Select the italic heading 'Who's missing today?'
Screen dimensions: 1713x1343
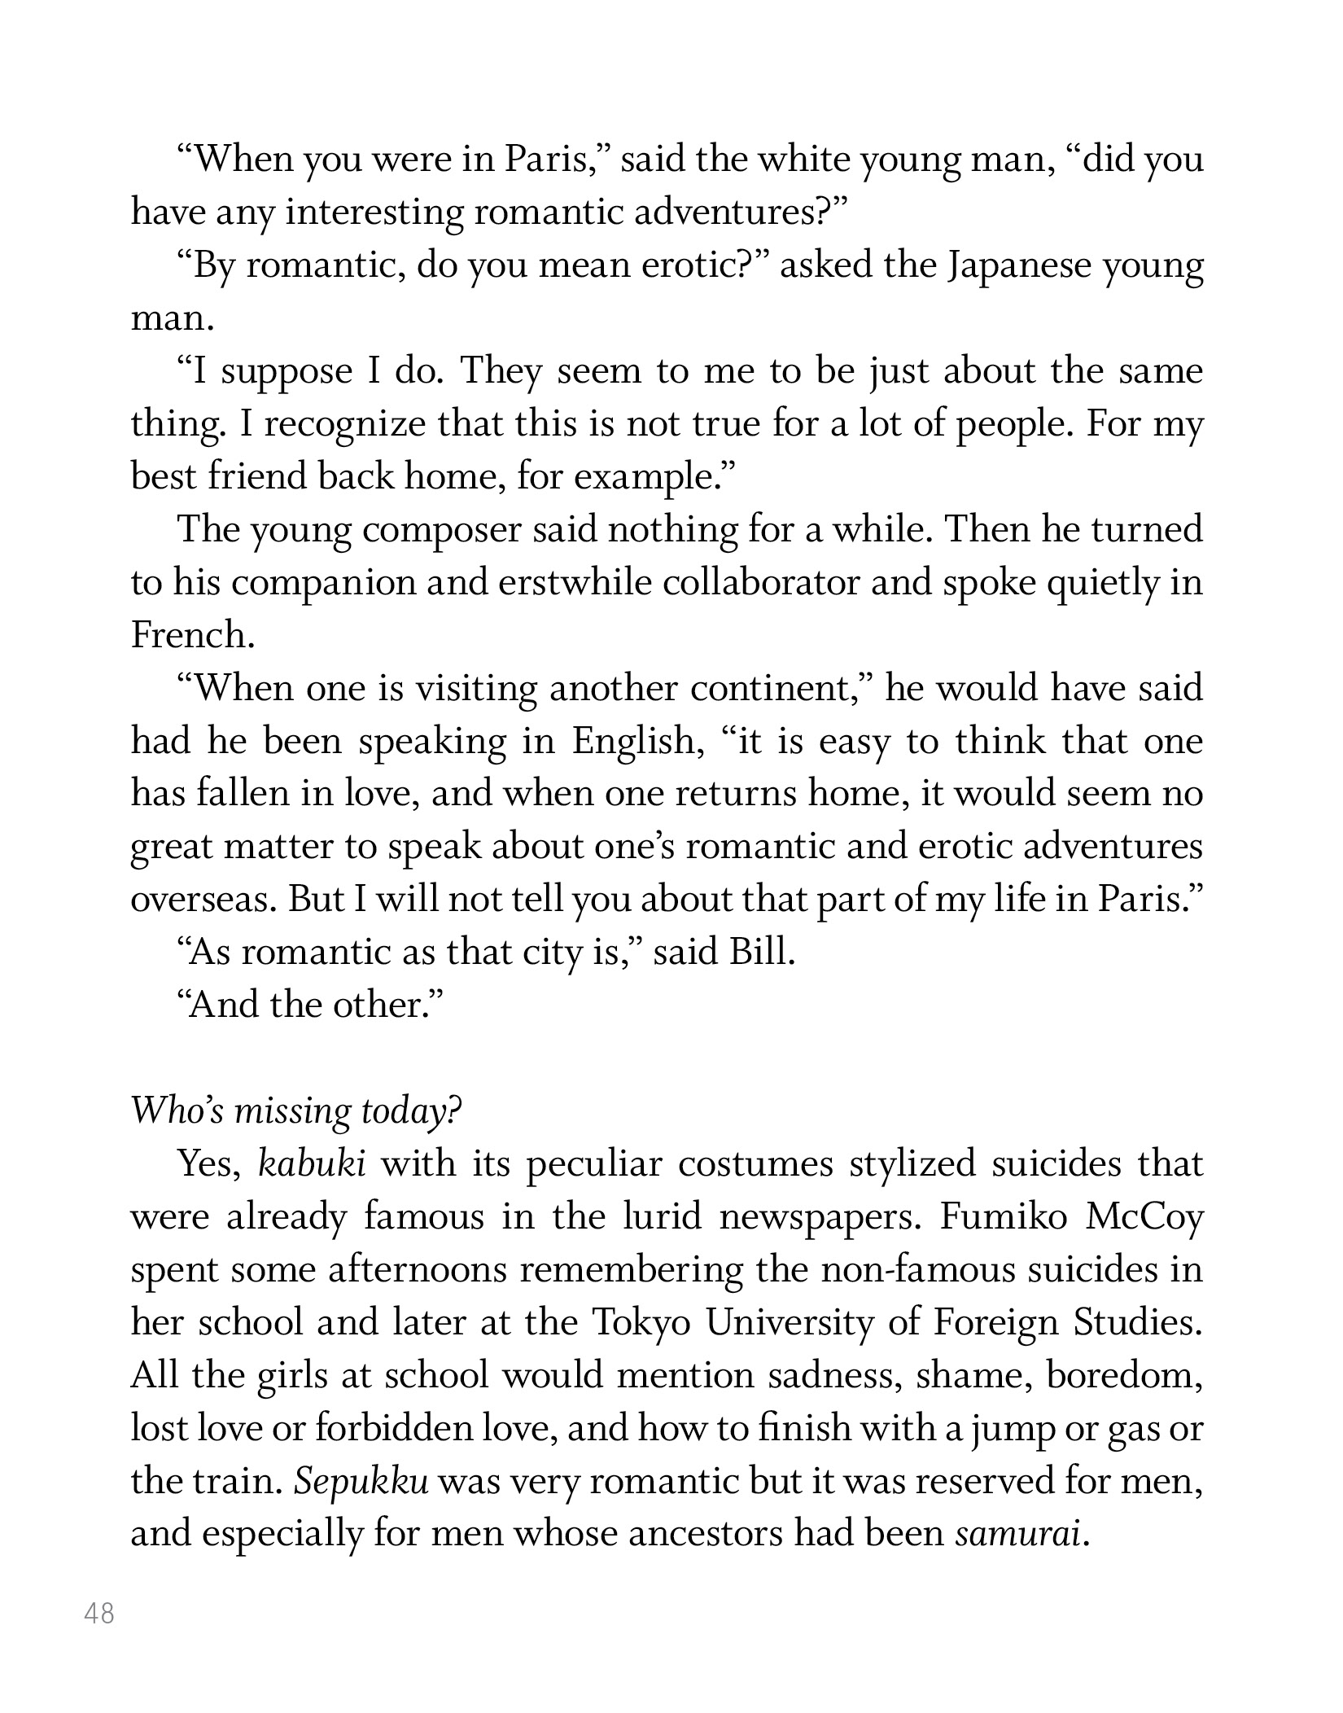pyautogui.click(x=296, y=1111)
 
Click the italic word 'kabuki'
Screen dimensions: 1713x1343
pyautogui.click(x=311, y=1165)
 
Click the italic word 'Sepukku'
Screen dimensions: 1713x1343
pyautogui.click(x=361, y=1482)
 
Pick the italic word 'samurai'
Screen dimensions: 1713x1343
pyautogui.click(x=1018, y=1535)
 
